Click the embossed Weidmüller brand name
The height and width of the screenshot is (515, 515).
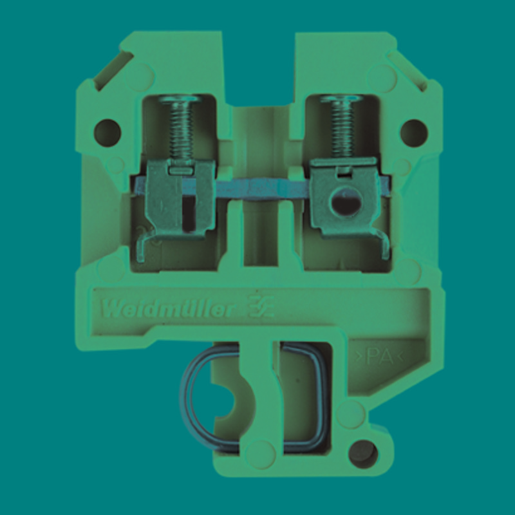168,310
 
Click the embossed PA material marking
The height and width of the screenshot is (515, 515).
380,357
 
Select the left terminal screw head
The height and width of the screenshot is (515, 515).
179,99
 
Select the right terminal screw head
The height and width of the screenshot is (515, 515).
342,98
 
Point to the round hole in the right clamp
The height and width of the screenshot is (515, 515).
346,201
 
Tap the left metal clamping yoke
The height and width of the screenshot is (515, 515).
181,197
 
